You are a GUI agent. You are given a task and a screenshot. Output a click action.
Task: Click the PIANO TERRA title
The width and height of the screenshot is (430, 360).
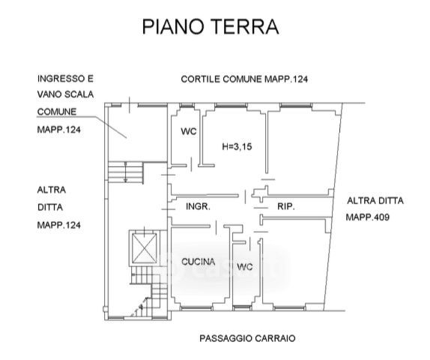pos(211,27)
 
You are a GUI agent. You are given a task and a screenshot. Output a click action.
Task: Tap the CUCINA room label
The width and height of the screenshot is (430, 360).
pos(199,262)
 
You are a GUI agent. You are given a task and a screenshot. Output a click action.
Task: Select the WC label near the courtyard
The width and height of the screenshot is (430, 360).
pos(189,131)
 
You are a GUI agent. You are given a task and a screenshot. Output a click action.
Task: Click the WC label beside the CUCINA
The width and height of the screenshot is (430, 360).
pos(245,267)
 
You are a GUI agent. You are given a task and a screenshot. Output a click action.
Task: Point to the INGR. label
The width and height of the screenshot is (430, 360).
pos(198,206)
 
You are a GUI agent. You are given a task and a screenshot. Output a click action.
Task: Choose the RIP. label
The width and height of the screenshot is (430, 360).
pos(286,206)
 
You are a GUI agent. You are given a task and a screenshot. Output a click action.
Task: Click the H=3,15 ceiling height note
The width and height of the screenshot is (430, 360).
pos(237,147)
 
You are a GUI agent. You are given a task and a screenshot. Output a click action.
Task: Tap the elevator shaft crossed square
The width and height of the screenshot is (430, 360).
pos(145,248)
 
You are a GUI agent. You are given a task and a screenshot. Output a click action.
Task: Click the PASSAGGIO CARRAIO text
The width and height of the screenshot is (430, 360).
pos(247,338)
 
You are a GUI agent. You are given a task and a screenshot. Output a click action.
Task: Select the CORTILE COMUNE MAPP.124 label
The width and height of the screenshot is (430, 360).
pos(244,79)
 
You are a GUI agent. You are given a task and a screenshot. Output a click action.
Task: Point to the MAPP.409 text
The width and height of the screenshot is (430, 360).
pos(368,217)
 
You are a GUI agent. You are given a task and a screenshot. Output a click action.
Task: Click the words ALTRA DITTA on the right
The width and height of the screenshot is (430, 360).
pos(375,201)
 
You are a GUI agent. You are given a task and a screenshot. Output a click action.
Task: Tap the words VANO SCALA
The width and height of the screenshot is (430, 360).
pos(65,94)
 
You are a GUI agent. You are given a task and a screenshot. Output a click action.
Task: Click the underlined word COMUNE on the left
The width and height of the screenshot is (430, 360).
pos(57,112)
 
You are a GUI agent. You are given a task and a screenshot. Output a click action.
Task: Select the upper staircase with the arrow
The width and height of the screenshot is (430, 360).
pos(126,172)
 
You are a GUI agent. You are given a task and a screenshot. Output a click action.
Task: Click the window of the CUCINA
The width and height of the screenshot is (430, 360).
pos(196,309)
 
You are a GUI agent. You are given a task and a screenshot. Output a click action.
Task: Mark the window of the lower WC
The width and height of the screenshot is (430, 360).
pos(242,308)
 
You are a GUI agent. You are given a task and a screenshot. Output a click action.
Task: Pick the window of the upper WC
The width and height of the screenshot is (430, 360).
pos(187,105)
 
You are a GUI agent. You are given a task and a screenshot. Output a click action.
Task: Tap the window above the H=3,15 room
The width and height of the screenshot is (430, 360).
pos(231,105)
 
